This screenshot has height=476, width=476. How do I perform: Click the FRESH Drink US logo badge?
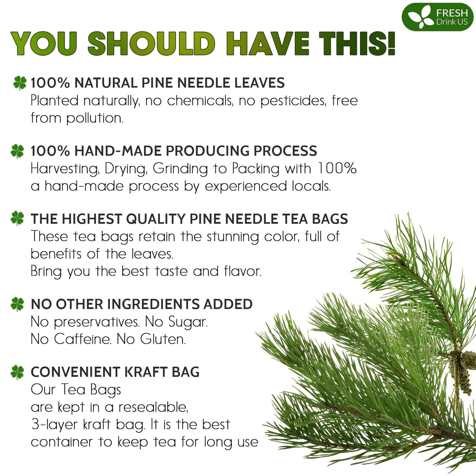pyautogui.click(x=437, y=17)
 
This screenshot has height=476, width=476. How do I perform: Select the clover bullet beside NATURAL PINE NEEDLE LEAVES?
pyautogui.click(x=20, y=83)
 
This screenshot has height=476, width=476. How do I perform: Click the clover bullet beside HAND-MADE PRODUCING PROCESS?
pyautogui.click(x=17, y=151)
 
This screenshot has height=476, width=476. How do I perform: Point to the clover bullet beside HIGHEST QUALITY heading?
pyautogui.click(x=17, y=218)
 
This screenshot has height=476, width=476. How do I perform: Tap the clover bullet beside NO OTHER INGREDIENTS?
pyautogui.click(x=17, y=304)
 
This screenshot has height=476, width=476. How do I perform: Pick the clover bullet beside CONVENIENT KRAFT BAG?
pyautogui.click(x=17, y=372)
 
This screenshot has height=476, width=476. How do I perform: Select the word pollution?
pyautogui.click(x=95, y=118)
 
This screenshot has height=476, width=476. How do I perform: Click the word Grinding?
pyautogui.click(x=180, y=169)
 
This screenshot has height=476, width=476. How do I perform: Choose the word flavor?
pyautogui.click(x=242, y=271)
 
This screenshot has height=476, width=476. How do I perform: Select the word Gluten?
pyautogui.click(x=163, y=339)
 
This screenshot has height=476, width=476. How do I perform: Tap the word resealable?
pyautogui.click(x=153, y=407)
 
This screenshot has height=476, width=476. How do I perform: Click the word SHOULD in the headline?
pyautogui.click(x=152, y=43)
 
